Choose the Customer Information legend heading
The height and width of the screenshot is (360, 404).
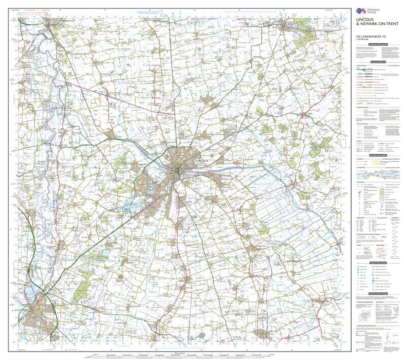click(378, 44)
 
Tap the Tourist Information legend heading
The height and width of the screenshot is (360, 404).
click(378, 263)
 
